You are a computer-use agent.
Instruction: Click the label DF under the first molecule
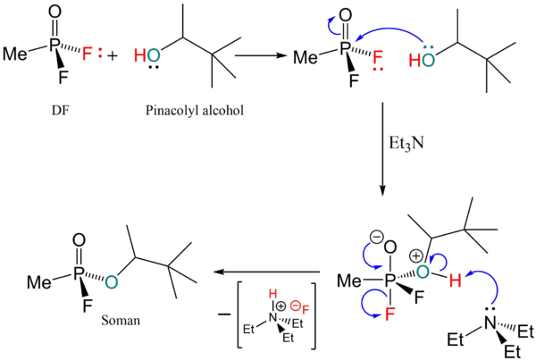pos(61,111)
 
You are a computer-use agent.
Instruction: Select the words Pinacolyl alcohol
pos(195,111)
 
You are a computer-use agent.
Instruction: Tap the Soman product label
pos(121,321)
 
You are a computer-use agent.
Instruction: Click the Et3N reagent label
pos(406,143)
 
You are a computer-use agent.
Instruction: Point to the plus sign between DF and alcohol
pos(112,55)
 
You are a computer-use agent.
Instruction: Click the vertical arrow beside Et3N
pos(382,149)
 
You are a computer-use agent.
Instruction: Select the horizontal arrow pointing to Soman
pos(266,272)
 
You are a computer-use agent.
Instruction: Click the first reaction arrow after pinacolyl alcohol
pos(260,55)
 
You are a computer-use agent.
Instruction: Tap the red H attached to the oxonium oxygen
pos(455,281)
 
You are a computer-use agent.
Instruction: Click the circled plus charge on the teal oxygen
pos(415,256)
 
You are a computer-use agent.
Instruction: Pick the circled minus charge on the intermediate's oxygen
pos(377,238)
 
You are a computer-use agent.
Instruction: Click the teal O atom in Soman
pos(112,282)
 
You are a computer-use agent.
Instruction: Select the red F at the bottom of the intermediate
pos(390,314)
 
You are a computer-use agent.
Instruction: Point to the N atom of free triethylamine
pos(490,322)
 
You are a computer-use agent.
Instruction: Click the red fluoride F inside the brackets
pos(306,310)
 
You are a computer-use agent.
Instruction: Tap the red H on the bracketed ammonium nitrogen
pos(272,294)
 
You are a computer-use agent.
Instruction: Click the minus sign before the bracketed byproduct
pos(224,314)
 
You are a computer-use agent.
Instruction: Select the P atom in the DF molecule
pos(54,46)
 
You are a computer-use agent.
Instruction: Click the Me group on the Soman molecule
pos(39,282)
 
